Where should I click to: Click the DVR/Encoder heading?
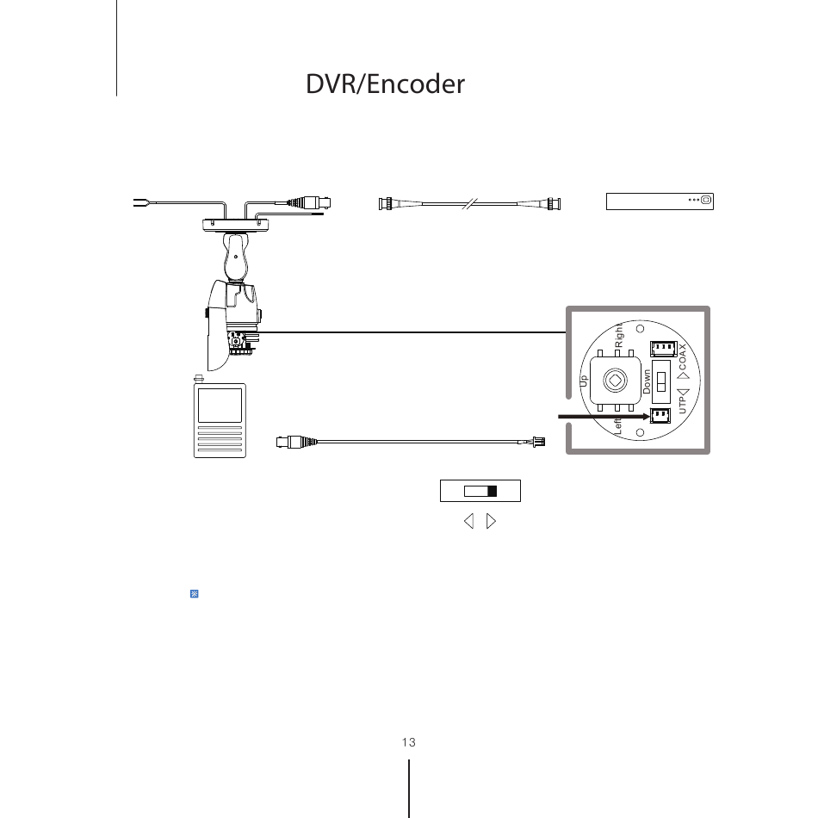click(x=385, y=84)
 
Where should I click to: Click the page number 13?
click(x=408, y=742)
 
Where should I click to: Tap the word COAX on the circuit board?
click(x=682, y=360)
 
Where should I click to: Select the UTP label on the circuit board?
click(x=682, y=405)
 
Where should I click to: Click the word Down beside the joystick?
click(x=647, y=381)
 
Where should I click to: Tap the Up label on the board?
click(x=584, y=380)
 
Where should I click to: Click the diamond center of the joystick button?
click(x=616, y=380)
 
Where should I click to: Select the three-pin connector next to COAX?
click(x=662, y=349)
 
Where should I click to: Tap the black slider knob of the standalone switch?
click(x=492, y=491)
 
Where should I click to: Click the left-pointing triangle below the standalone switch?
click(x=468, y=521)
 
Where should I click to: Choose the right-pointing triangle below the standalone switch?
click(x=491, y=521)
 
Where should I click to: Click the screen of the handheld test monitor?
click(x=220, y=405)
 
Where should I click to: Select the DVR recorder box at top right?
click(x=660, y=201)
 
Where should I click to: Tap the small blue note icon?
click(x=194, y=594)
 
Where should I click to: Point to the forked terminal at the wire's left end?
click(x=137, y=204)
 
